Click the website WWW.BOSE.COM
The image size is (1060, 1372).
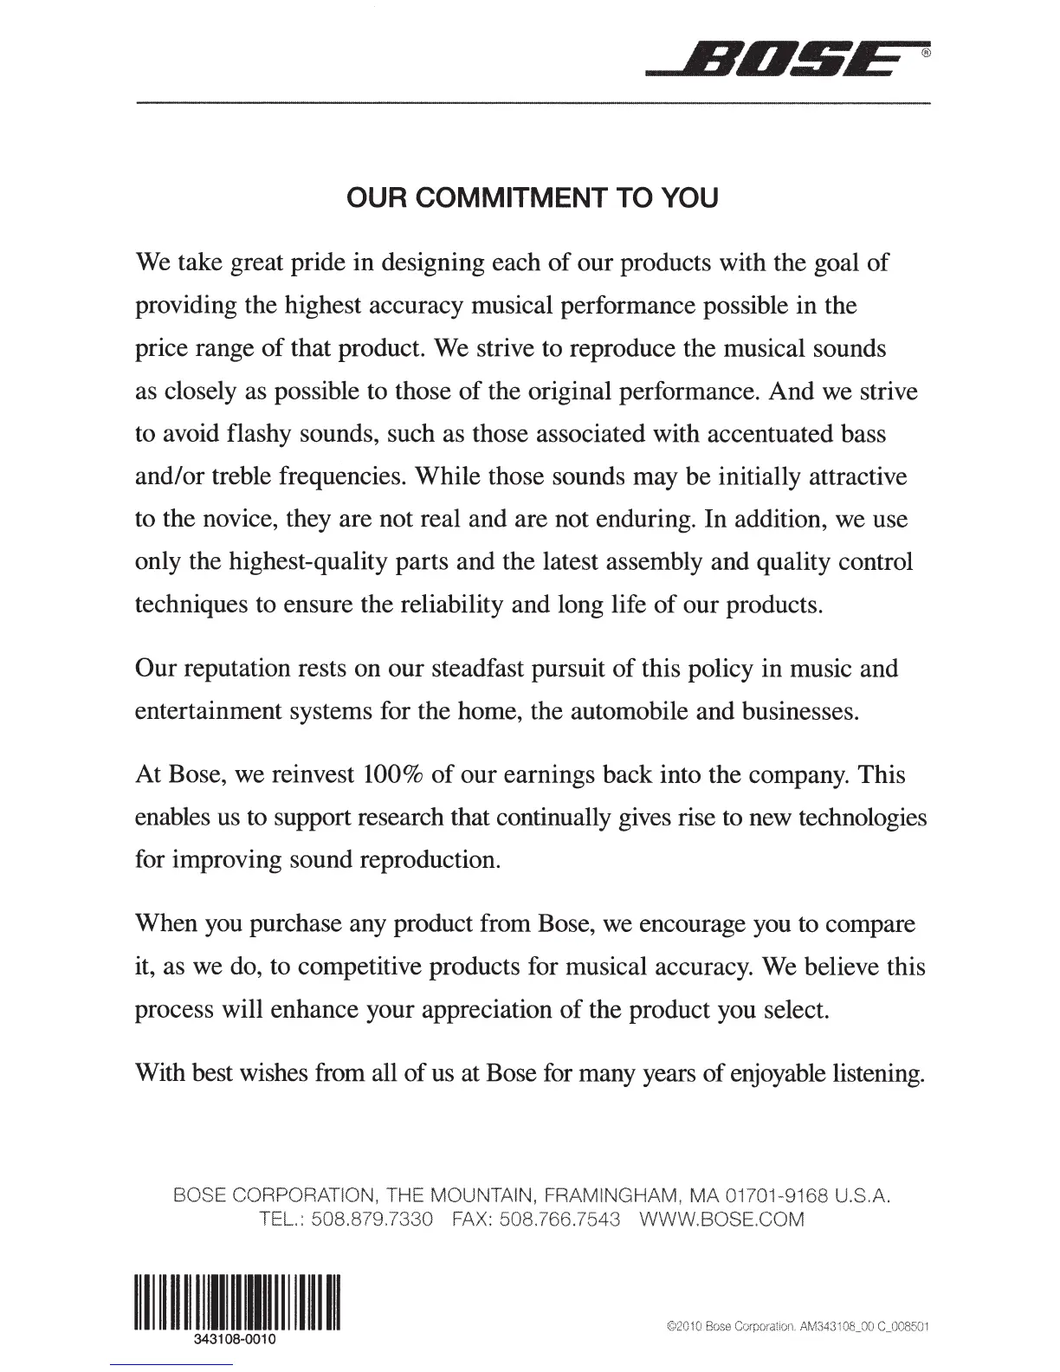point(721,1220)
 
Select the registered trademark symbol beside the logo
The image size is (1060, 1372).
point(925,53)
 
